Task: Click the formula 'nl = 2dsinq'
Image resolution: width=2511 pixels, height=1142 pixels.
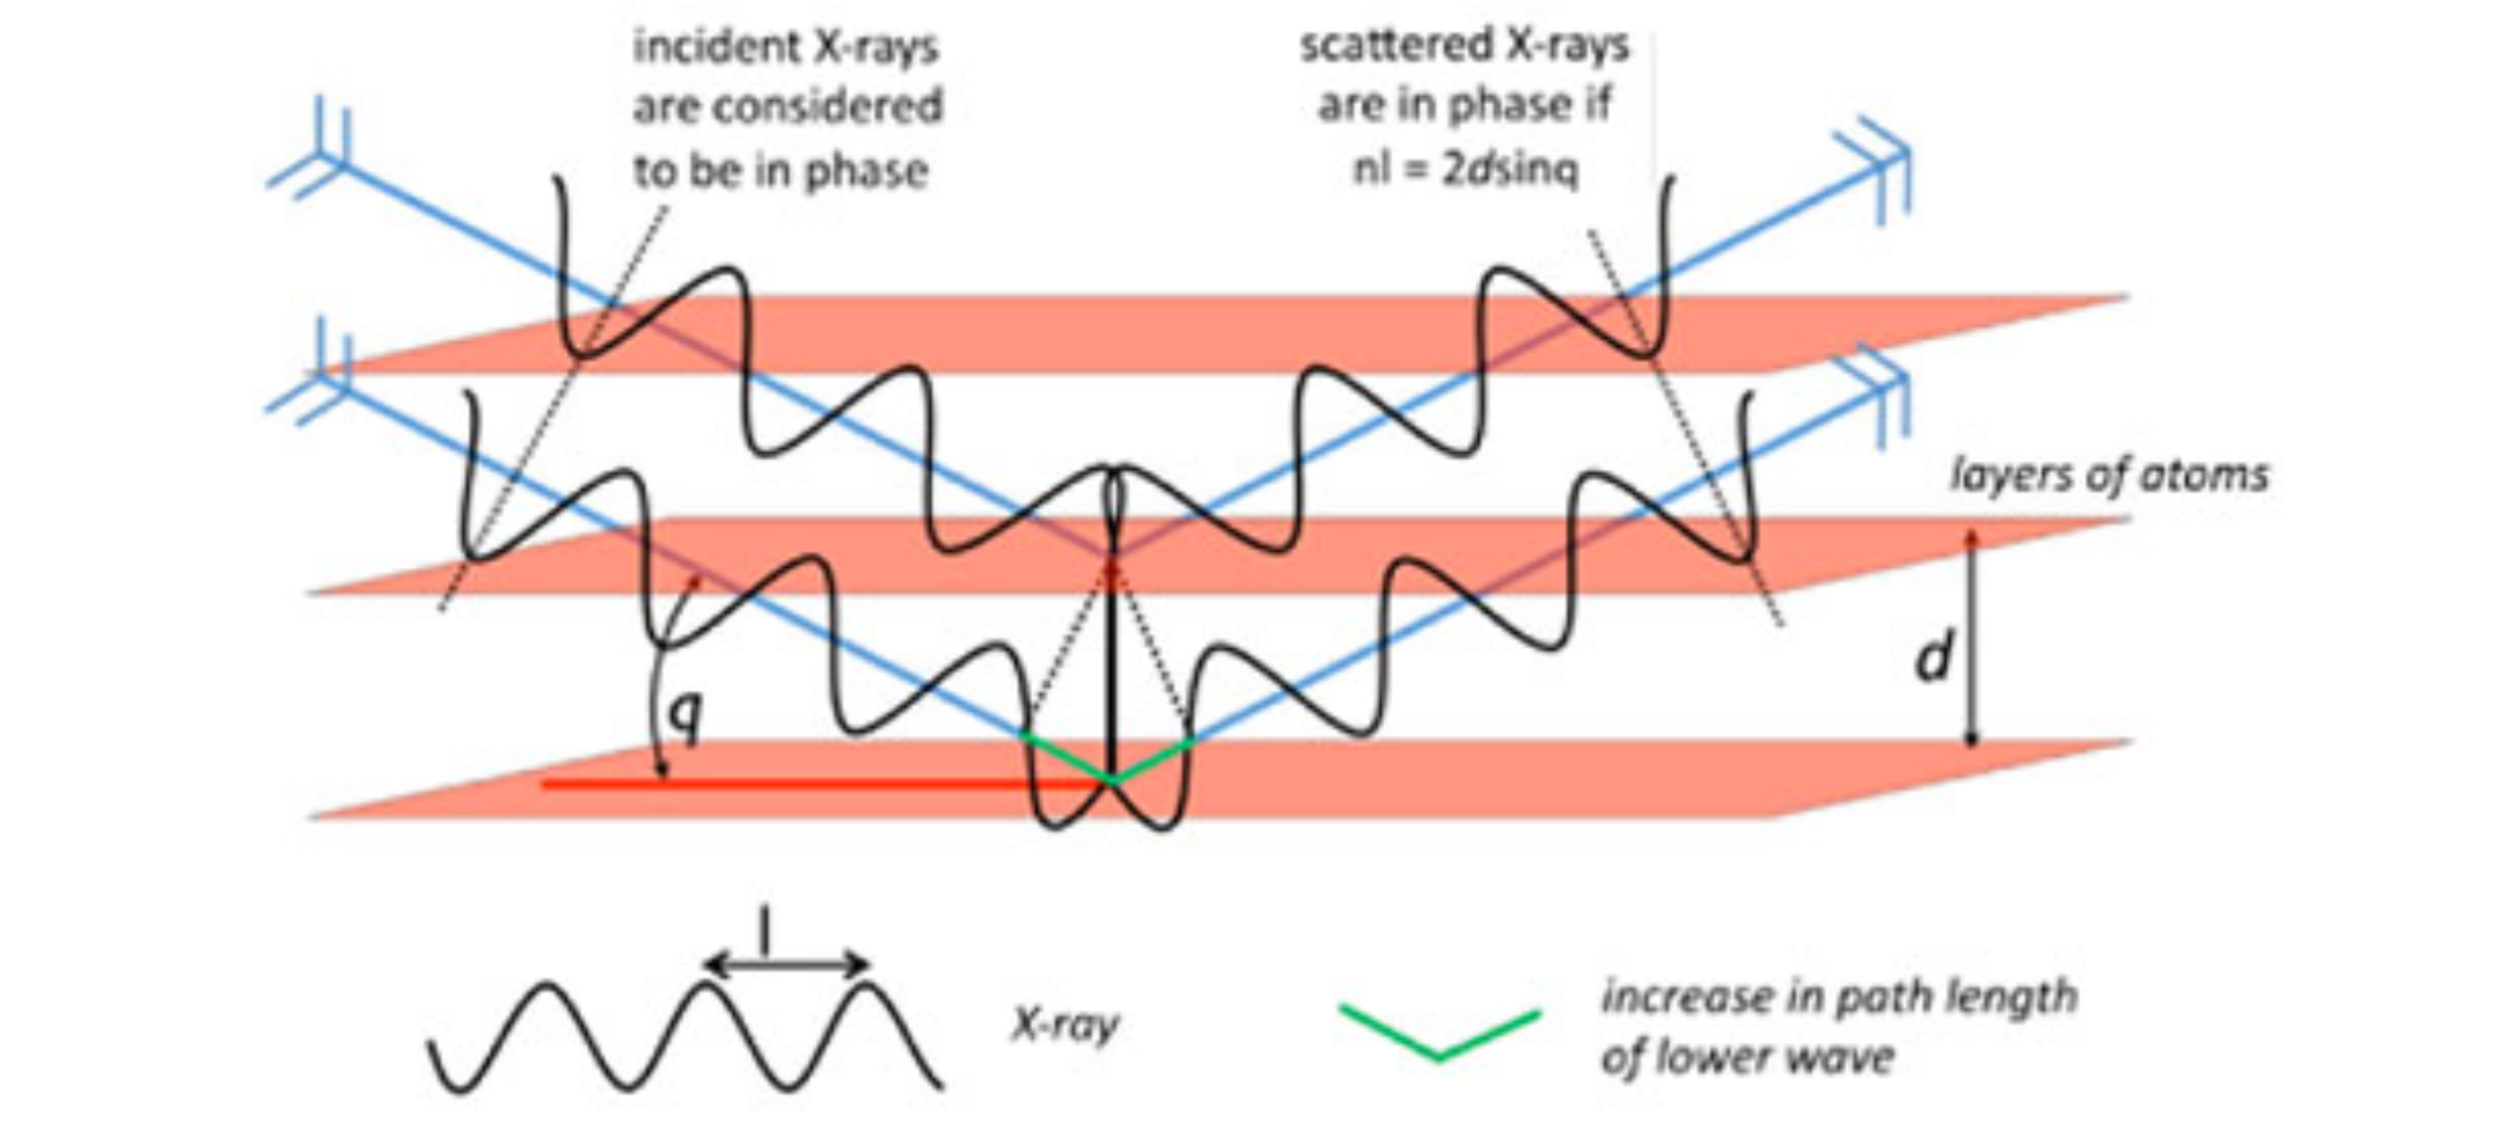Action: pos(1465,170)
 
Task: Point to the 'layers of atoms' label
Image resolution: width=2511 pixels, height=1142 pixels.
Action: pos(2109,476)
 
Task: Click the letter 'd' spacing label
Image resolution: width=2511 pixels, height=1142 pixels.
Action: pos(1933,657)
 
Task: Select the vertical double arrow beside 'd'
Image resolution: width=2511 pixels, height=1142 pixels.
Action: pos(1973,638)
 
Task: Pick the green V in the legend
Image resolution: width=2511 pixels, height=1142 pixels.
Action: pos(1439,1030)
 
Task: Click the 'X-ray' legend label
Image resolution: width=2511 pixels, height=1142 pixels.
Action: pos(1065,1025)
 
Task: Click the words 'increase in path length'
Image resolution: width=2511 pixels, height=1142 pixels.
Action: pos(1839,997)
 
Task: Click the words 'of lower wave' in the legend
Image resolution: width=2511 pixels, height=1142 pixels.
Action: pos(1747,1058)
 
